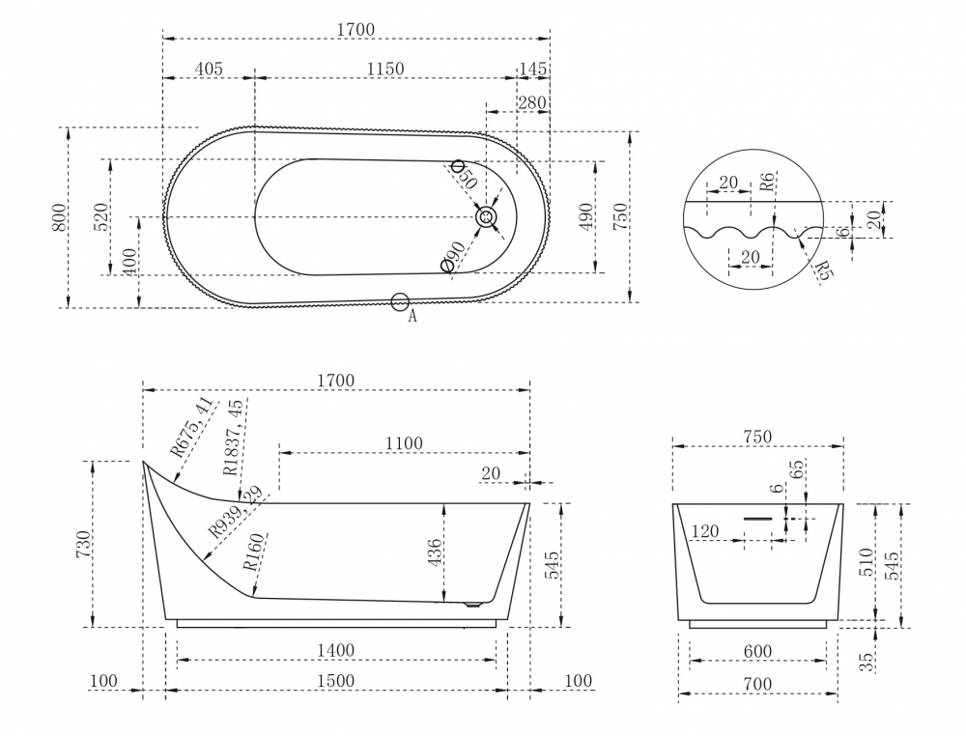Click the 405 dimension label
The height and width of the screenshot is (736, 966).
pyautogui.click(x=209, y=69)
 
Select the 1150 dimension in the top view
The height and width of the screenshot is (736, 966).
pyautogui.click(x=385, y=69)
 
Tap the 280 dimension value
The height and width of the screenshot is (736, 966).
pyautogui.click(x=531, y=102)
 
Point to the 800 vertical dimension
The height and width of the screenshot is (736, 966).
pyautogui.click(x=59, y=216)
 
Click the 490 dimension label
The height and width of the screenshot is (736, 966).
pyautogui.click(x=586, y=216)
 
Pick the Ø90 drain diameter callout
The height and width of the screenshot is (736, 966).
pyautogui.click(x=455, y=256)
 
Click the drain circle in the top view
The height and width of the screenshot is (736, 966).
pyautogui.click(x=487, y=216)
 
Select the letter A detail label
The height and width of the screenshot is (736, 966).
pyautogui.click(x=412, y=317)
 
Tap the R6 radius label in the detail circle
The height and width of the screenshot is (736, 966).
pyautogui.click(x=766, y=183)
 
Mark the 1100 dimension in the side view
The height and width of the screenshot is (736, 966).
pyautogui.click(x=404, y=443)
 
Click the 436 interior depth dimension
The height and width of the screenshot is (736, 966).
pyautogui.click(x=435, y=552)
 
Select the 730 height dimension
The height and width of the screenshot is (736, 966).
pyautogui.click(x=84, y=544)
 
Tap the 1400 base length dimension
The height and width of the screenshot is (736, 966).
pyautogui.click(x=336, y=650)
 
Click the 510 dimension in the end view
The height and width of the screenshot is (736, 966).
pyautogui.click(x=867, y=562)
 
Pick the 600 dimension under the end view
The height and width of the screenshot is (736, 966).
pyautogui.click(x=757, y=652)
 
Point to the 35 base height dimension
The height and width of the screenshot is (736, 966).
pyautogui.click(x=867, y=662)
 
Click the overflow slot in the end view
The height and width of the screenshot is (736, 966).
pyautogui.click(x=757, y=519)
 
